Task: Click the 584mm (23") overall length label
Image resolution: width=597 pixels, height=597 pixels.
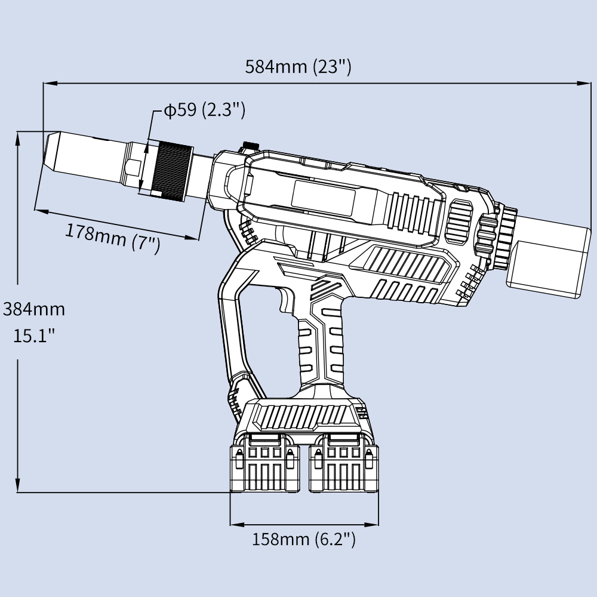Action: click(298, 66)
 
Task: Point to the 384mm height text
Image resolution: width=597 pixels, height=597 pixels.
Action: click(33, 309)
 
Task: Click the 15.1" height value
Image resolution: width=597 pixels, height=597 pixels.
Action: click(34, 336)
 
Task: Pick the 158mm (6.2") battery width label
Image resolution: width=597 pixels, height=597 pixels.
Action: click(304, 540)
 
